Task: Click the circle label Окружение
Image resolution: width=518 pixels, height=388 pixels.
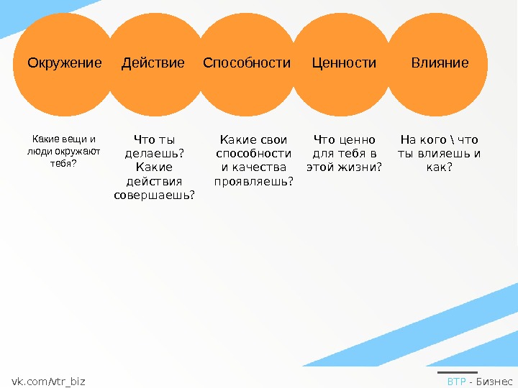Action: (x=65, y=63)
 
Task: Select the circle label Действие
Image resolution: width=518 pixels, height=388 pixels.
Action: (x=153, y=63)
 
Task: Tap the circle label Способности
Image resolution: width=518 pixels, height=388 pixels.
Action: (x=247, y=63)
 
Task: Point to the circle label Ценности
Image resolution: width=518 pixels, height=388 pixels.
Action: (x=344, y=63)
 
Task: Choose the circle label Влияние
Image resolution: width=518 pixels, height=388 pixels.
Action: (x=440, y=63)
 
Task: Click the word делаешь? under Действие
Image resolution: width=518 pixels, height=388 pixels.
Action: (x=154, y=154)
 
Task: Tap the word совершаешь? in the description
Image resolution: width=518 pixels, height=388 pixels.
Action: (x=154, y=195)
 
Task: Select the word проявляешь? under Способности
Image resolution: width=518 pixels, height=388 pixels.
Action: (x=254, y=181)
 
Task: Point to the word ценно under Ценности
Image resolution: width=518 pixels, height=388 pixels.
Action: (x=360, y=140)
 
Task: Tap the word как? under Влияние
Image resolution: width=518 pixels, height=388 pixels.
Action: (x=440, y=167)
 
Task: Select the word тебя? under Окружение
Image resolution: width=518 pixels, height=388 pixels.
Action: (x=63, y=163)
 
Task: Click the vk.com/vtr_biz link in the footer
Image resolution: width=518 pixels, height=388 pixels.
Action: (x=48, y=382)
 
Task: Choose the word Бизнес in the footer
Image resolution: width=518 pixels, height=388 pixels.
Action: (x=495, y=382)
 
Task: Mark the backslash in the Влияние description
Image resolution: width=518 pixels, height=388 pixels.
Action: (x=460, y=140)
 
